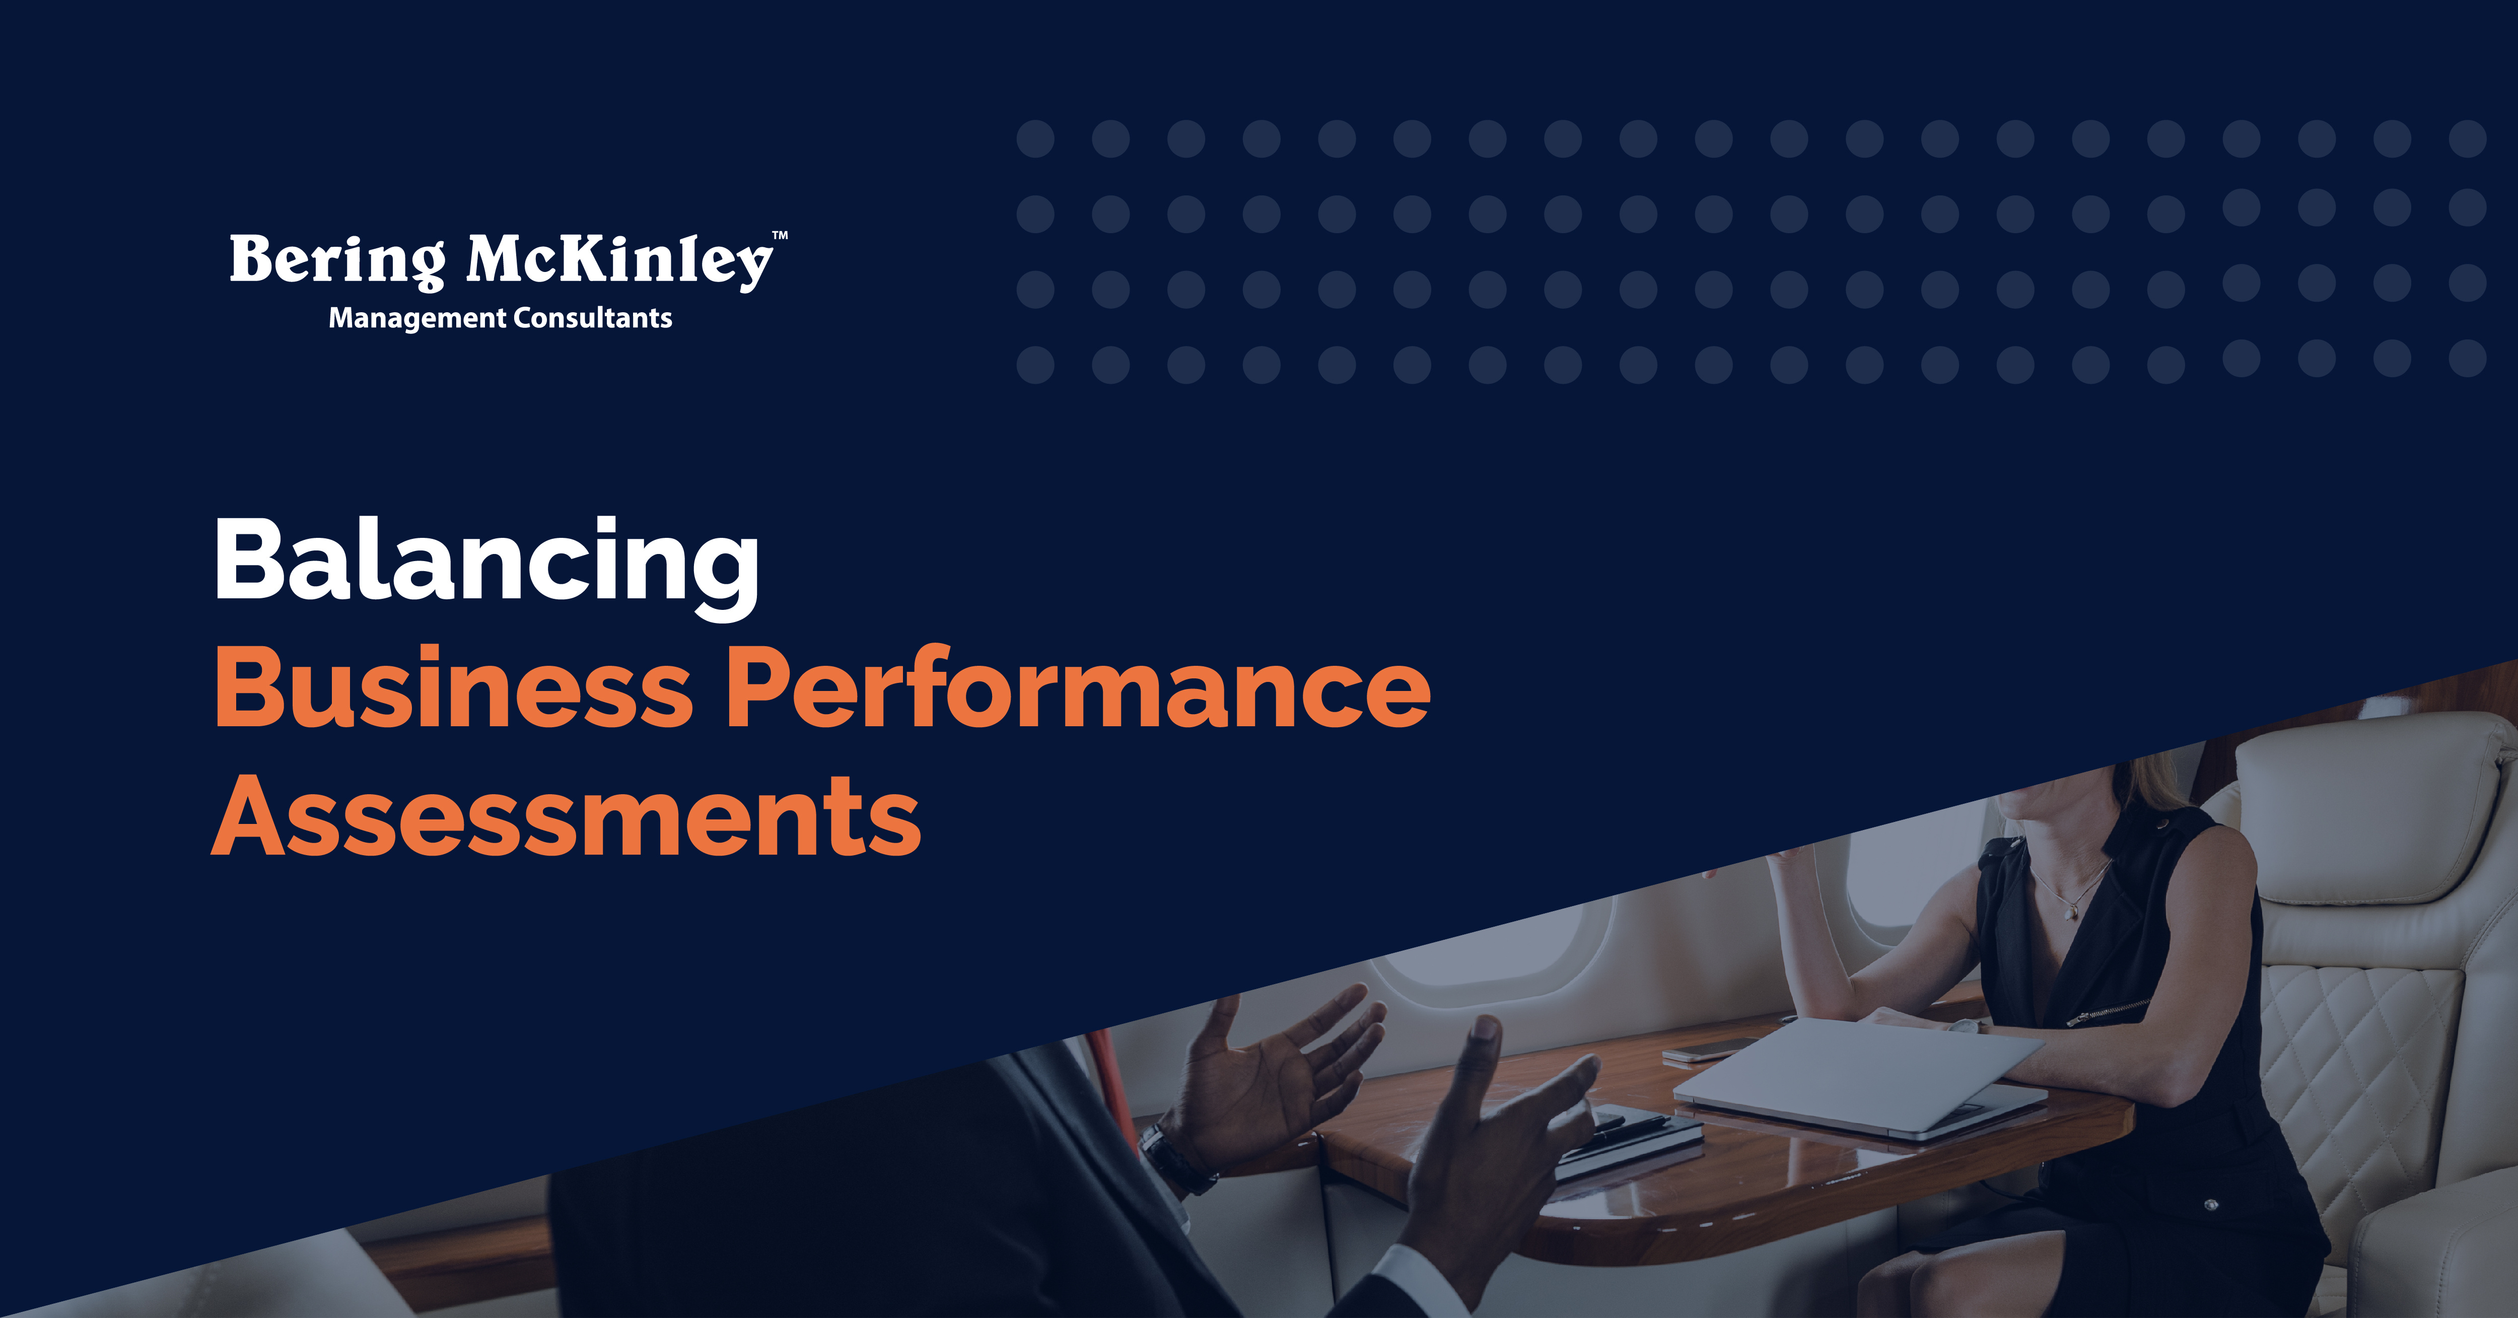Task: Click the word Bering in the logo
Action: click(337, 262)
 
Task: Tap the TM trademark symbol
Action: click(780, 236)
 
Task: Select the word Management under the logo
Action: click(417, 319)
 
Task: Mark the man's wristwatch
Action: click(1173, 1159)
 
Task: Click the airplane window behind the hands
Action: click(1476, 953)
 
